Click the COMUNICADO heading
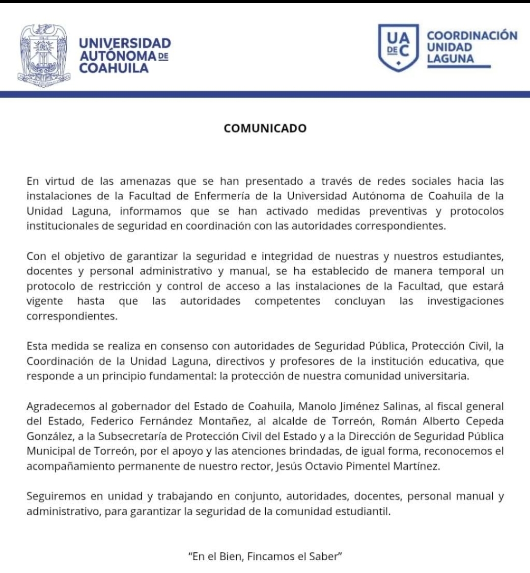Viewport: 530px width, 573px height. coord(265,129)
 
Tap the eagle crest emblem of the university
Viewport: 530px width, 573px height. coord(45,54)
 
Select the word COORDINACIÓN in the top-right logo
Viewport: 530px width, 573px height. coord(472,35)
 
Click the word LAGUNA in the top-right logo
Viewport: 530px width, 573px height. coord(450,59)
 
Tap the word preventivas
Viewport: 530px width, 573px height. coord(402,211)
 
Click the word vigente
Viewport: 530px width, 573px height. coord(45,301)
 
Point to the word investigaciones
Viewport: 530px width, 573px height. coord(465,301)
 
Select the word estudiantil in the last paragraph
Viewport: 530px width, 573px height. coord(362,512)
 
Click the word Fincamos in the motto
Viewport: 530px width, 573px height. coord(270,557)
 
